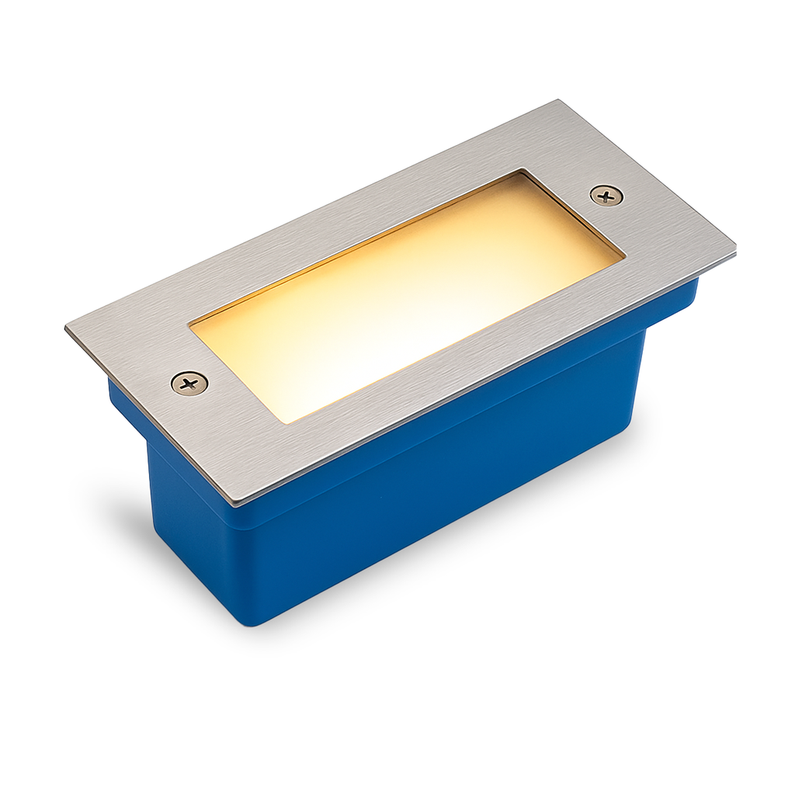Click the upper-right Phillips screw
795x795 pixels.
[x=606, y=195]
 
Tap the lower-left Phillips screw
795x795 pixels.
[x=189, y=383]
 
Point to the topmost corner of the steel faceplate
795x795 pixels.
[x=557, y=101]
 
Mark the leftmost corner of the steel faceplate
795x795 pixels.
[x=66, y=328]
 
